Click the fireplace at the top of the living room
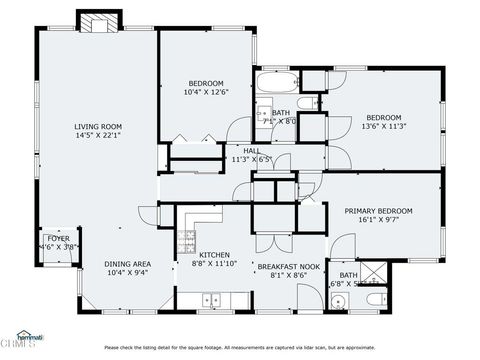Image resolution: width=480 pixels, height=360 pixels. tap(99, 25)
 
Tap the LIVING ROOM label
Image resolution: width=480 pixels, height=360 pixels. tap(98, 126)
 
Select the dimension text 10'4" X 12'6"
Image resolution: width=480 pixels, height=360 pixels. tap(207, 92)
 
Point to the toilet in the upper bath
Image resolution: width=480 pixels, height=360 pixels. tap(317, 103)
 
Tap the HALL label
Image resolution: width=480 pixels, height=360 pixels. tap(251, 149)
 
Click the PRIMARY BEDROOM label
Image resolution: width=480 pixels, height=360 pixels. tap(379, 211)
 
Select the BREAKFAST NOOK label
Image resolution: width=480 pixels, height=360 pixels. tap(289, 266)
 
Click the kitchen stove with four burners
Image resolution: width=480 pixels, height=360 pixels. tap(187, 240)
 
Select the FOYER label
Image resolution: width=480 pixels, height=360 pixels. tap(58, 238)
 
